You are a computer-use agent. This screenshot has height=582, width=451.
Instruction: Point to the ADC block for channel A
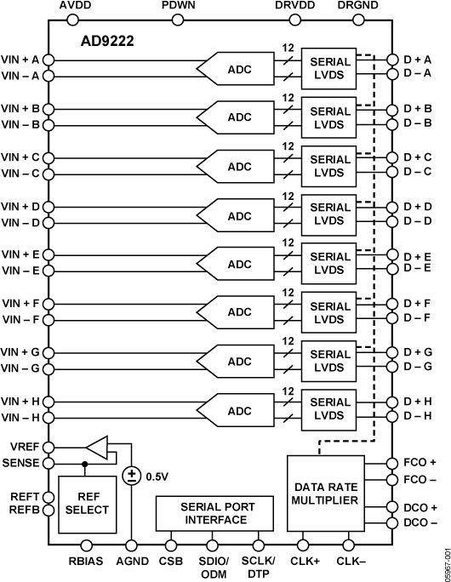tap(239, 67)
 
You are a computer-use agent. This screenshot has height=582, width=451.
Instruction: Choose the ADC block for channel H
tap(239, 409)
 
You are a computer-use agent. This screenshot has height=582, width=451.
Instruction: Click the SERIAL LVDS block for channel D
tap(330, 214)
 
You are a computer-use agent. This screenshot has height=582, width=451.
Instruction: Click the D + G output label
tap(417, 352)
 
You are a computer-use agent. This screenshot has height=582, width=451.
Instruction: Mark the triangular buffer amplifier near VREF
tap(99, 448)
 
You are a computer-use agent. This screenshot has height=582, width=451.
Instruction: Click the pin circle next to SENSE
tap(49, 463)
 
